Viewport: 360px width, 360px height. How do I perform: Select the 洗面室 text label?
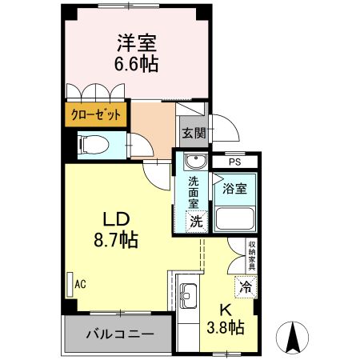click(194, 193)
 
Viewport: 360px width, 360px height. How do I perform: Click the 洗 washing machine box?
click(196, 222)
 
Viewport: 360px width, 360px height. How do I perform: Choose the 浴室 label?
click(234, 189)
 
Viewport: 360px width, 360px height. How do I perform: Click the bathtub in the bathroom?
click(234, 217)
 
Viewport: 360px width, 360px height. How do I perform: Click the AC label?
click(80, 283)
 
